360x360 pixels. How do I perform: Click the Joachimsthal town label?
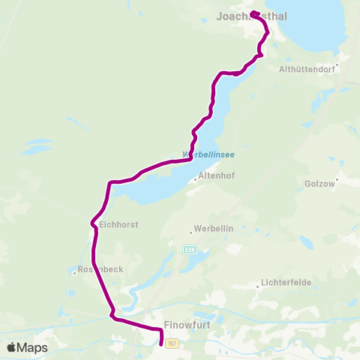coord(251,16)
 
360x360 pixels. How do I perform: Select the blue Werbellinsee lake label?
coord(208,154)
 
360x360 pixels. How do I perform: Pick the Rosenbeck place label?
coord(95,268)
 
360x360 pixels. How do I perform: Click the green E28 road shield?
coord(190,249)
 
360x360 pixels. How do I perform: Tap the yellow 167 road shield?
coord(172,343)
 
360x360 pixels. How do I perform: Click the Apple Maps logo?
coord(27,347)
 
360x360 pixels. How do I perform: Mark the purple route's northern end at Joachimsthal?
coord(253,12)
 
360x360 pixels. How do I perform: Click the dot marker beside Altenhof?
coord(195,178)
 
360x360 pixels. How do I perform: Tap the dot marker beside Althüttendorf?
coord(337,64)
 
